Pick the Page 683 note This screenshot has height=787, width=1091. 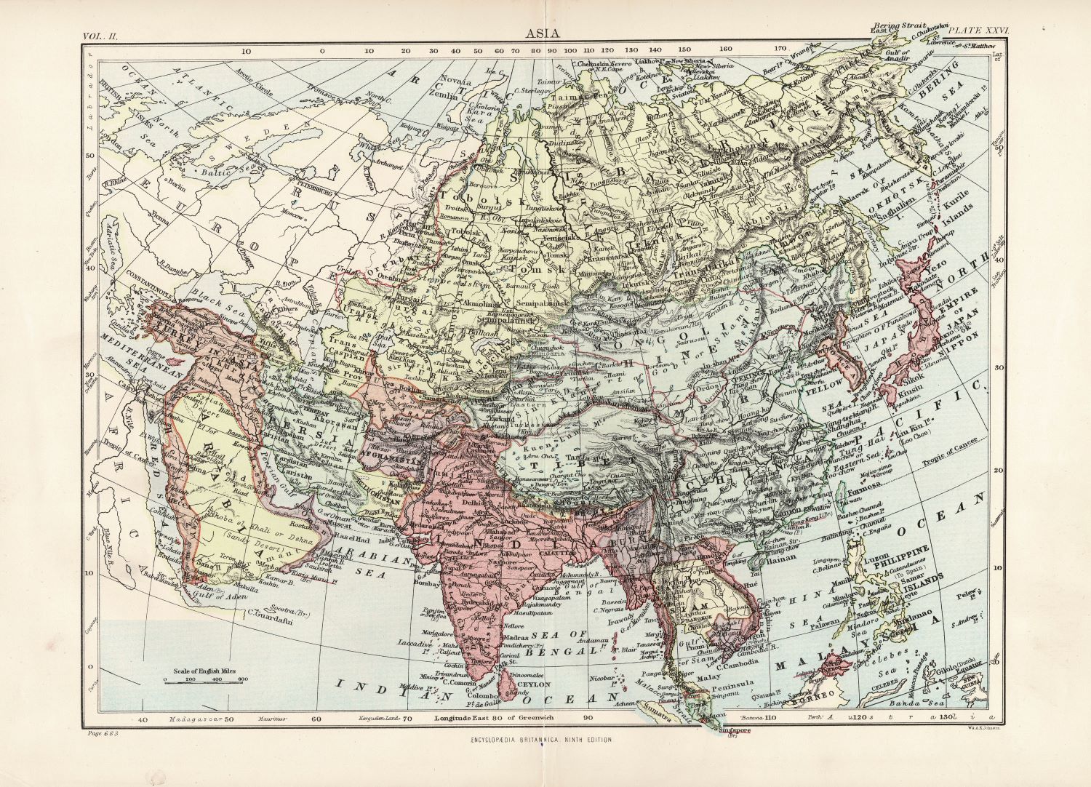tap(101, 734)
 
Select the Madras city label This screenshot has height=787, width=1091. tap(516, 636)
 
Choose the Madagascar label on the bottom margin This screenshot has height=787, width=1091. tap(190, 719)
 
